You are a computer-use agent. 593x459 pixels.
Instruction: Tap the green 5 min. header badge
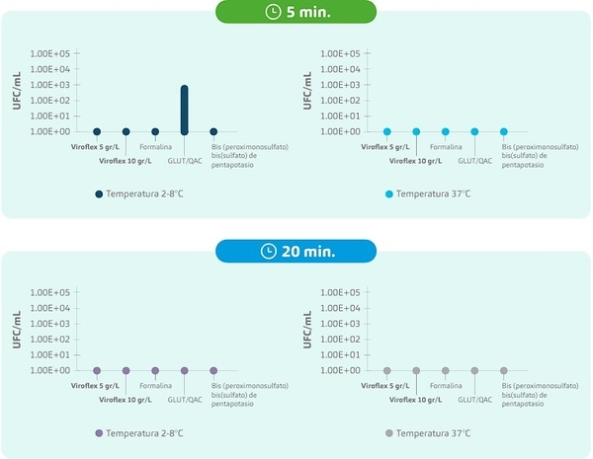coord(296,12)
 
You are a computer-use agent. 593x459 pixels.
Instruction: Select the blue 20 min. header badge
coord(296,251)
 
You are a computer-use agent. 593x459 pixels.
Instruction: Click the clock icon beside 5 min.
coord(273,12)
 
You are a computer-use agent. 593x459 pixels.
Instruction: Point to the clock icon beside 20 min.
coord(268,251)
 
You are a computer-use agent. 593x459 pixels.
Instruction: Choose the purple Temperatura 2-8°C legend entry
coord(138,433)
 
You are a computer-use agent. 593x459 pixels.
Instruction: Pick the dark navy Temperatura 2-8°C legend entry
coord(138,194)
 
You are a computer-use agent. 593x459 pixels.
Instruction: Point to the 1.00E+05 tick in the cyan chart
coord(341,53)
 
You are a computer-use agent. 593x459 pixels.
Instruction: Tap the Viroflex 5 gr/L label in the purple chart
coord(95,386)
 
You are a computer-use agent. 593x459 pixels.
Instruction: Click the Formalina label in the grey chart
coord(446,386)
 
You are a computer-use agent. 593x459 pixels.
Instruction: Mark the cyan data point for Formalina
coord(446,131)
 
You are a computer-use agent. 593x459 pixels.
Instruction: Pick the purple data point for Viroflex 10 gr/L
coord(127,370)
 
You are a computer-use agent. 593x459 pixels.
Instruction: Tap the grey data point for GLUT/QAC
coord(474,370)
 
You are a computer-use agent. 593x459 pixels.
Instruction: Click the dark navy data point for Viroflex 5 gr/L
coord(97,131)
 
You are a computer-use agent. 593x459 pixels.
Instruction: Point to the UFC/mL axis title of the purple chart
coord(17,332)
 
